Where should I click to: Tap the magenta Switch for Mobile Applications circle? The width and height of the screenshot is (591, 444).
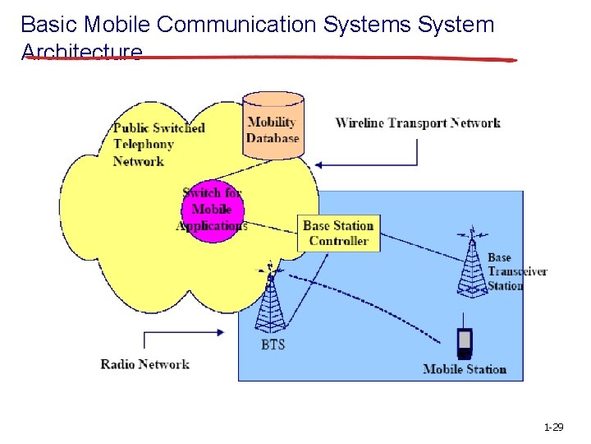(x=213, y=210)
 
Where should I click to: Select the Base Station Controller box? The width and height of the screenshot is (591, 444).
(x=338, y=234)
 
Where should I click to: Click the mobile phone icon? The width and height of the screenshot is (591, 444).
(x=465, y=343)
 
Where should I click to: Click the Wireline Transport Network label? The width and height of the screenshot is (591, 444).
(x=418, y=123)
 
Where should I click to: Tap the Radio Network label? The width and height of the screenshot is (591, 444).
(x=144, y=364)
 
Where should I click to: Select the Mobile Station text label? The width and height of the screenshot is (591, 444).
(x=465, y=369)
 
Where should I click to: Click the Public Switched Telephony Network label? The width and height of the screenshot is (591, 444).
(x=158, y=144)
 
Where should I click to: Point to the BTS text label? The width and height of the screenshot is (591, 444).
(x=273, y=345)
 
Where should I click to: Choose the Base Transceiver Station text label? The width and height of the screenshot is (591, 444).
(x=517, y=271)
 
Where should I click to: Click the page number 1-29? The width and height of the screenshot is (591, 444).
(x=553, y=428)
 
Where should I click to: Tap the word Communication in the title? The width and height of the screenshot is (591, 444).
(x=237, y=25)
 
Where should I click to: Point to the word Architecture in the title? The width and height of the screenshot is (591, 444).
(x=82, y=53)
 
